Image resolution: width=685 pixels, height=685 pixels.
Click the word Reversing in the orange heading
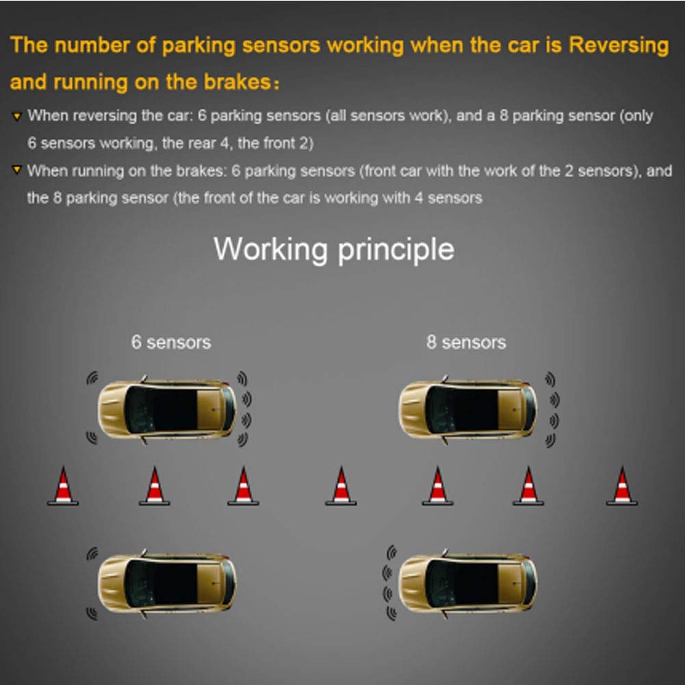click(x=619, y=46)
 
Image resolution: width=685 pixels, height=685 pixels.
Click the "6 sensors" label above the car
click(x=171, y=342)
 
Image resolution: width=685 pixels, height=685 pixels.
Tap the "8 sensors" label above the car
click(x=466, y=342)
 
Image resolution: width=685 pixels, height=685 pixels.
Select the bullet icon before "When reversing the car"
click(x=17, y=117)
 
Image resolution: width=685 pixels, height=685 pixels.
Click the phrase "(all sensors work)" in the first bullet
click(x=386, y=116)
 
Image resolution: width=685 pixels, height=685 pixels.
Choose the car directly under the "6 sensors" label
click(x=168, y=409)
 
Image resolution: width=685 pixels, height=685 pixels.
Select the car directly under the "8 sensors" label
click(x=467, y=409)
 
